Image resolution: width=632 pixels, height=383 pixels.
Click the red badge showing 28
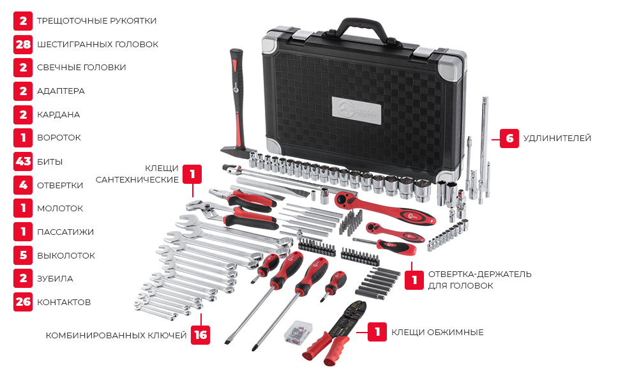pyautogui.click(x=23, y=44)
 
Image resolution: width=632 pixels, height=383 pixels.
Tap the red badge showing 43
pyautogui.click(x=23, y=161)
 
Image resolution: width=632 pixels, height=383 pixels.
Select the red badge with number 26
pyautogui.click(x=23, y=302)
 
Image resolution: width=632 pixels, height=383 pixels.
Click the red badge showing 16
pyautogui.click(x=200, y=335)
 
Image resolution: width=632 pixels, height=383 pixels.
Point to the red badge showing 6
pyautogui.click(x=509, y=139)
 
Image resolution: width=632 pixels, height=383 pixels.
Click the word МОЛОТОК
pyautogui.click(x=60, y=209)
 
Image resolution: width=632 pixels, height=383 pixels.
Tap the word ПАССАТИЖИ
pyautogui.click(x=65, y=232)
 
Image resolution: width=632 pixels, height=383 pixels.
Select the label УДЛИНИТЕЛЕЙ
pyautogui.click(x=557, y=139)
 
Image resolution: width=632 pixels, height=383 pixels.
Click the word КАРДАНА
pyautogui.click(x=59, y=114)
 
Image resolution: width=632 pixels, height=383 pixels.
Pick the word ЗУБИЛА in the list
pyautogui.click(x=55, y=278)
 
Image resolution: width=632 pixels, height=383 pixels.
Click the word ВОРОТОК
pyautogui.click(x=59, y=138)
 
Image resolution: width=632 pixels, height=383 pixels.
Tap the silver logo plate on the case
pyautogui.click(x=357, y=109)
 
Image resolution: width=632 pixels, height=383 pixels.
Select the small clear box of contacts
pyautogui.click(x=298, y=332)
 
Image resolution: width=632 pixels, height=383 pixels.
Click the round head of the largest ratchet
pyautogui.click(x=349, y=199)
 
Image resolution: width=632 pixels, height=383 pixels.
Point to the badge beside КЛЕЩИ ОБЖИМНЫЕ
pyautogui.click(x=377, y=332)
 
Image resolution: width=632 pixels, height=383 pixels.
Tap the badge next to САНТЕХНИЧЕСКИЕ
pyautogui.click(x=192, y=174)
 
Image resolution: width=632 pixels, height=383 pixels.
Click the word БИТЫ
pyautogui.click(x=50, y=162)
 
